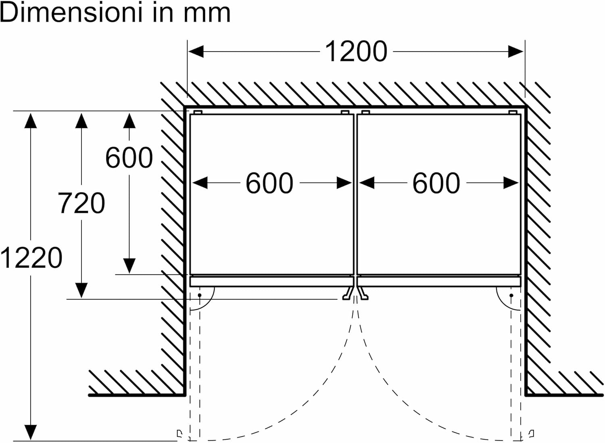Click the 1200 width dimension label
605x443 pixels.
(x=356, y=52)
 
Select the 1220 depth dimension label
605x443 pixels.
(x=31, y=258)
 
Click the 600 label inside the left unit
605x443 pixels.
(x=269, y=183)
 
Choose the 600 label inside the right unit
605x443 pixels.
(x=436, y=183)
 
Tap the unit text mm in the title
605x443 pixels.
(x=207, y=13)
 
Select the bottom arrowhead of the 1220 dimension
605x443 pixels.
(x=31, y=432)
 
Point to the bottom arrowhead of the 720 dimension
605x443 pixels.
(x=81, y=290)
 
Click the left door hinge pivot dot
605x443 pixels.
(x=200, y=295)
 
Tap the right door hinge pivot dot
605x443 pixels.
(x=511, y=295)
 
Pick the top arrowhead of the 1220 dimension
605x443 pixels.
(x=31, y=121)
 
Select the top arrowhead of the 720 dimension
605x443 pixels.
(x=81, y=121)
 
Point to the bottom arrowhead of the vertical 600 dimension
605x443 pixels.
(x=129, y=266)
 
